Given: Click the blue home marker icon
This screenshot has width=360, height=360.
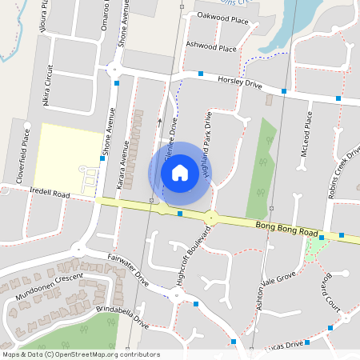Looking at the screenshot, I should pos(180,172).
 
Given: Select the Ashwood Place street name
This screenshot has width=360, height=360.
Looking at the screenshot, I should pos(211,46).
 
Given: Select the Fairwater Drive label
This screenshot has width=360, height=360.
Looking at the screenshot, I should pos(128,270).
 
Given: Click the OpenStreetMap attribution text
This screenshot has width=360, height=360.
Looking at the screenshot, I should pos(81,354).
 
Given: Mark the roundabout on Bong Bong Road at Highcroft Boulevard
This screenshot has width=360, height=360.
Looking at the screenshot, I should pos(211,217).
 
